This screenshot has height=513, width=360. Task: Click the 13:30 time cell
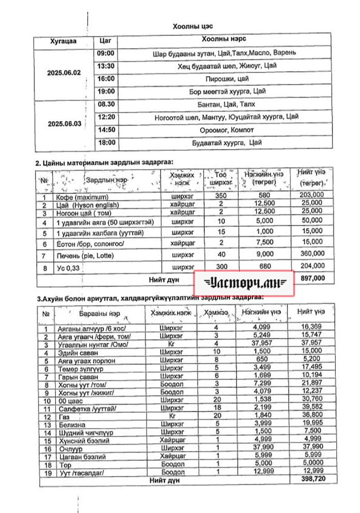coord(105,66)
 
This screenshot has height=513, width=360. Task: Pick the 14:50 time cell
coord(105,130)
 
